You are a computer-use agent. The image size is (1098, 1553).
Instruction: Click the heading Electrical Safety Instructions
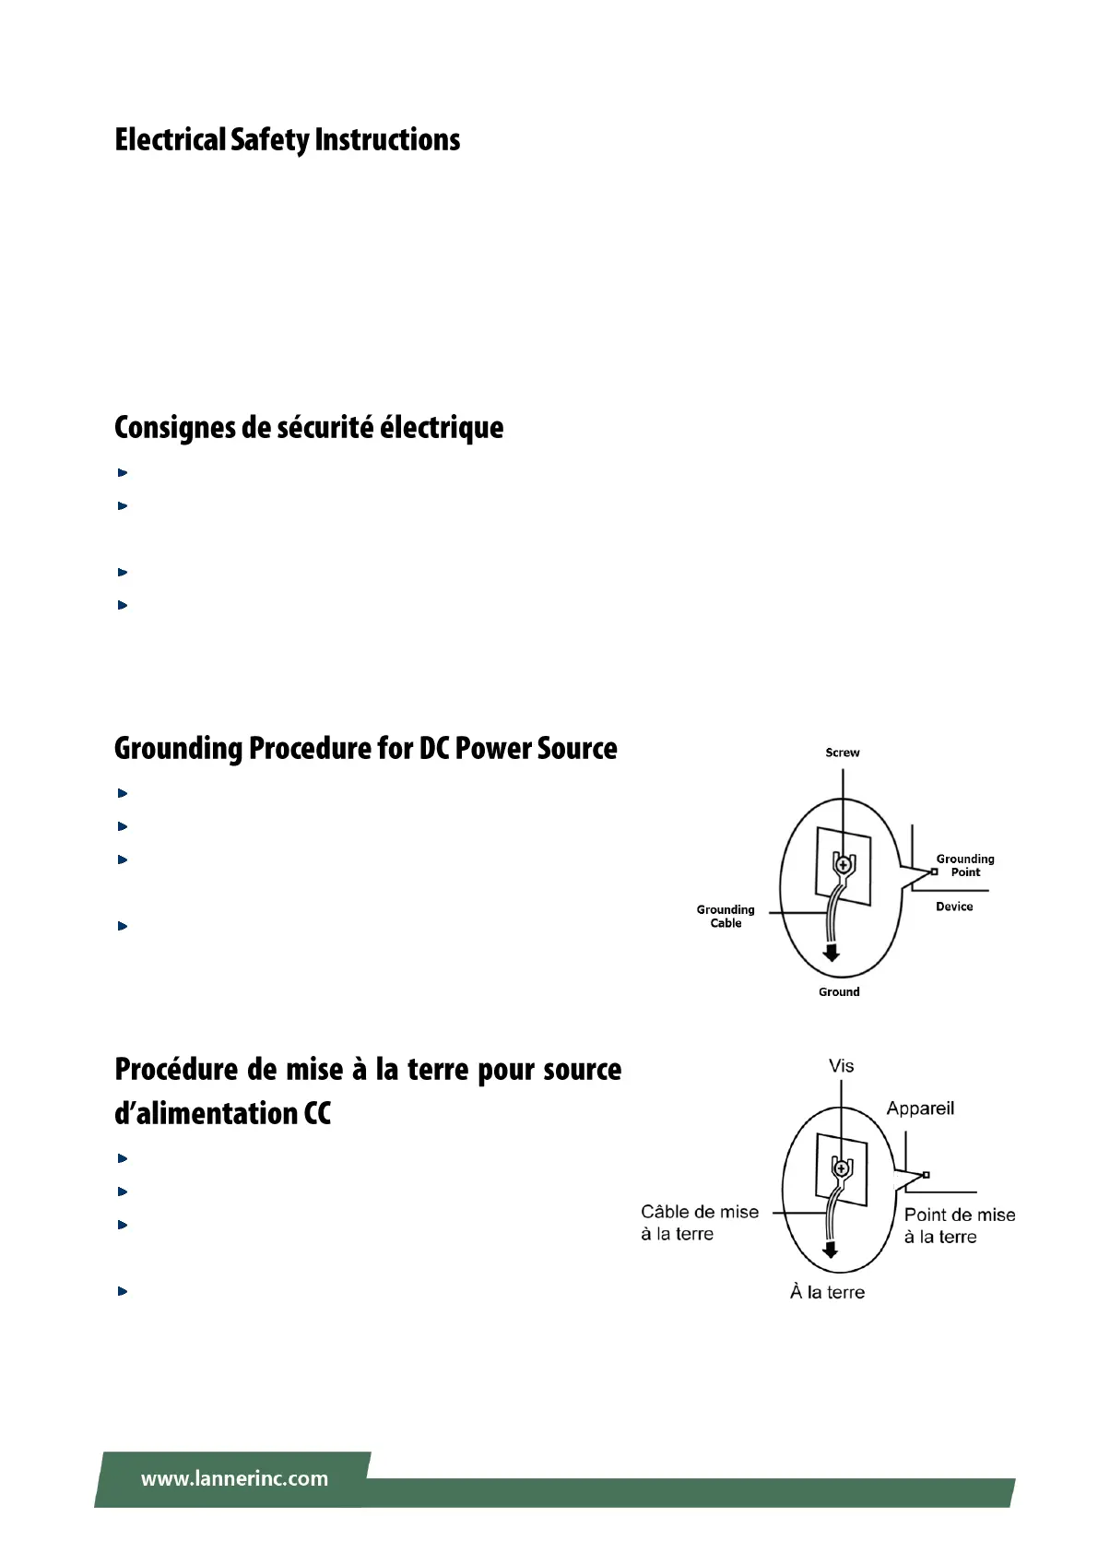pyautogui.click(x=287, y=140)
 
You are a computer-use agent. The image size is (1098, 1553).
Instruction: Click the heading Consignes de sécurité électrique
pyautogui.click(x=309, y=428)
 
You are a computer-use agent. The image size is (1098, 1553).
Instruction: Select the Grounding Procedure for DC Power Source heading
pyautogui.click(x=365, y=748)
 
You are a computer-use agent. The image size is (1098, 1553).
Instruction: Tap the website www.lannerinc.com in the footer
pyautogui.click(x=234, y=1478)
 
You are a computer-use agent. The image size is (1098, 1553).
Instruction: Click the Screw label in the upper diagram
pyautogui.click(x=842, y=753)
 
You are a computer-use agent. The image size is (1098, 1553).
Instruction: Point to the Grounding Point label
pyautogui.click(x=965, y=865)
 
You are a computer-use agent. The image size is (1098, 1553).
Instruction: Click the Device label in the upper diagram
pyautogui.click(x=954, y=907)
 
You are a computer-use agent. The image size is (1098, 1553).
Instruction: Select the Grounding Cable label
pyautogui.click(x=726, y=916)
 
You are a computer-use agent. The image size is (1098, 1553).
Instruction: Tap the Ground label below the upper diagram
pyautogui.click(x=839, y=991)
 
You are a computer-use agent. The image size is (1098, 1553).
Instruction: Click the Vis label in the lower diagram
pyautogui.click(x=841, y=1066)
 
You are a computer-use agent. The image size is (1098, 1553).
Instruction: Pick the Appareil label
pyautogui.click(x=920, y=1108)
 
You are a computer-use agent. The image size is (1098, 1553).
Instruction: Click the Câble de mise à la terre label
pyautogui.click(x=699, y=1223)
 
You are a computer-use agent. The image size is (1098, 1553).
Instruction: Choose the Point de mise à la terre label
pyautogui.click(x=959, y=1226)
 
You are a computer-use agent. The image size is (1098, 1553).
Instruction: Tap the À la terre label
pyautogui.click(x=827, y=1292)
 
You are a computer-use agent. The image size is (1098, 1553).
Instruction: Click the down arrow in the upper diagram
pyautogui.click(x=832, y=953)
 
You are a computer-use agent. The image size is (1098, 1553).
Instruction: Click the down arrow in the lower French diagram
pyautogui.click(x=831, y=1250)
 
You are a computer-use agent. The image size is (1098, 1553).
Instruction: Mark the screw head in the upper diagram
pyautogui.click(x=842, y=865)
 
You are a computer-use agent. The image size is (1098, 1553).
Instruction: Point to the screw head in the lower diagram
pyautogui.click(x=841, y=1169)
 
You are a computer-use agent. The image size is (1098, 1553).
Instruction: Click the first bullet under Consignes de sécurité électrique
pyautogui.click(x=122, y=473)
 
